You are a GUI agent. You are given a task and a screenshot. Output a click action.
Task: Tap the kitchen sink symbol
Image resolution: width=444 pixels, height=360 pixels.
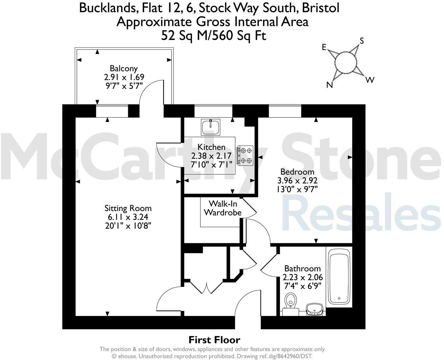pyautogui.click(x=210, y=127)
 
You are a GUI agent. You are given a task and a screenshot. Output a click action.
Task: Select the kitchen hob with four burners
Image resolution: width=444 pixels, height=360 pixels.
pyautogui.click(x=245, y=156)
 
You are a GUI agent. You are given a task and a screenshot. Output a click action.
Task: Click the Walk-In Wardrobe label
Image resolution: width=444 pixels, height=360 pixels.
pyautogui.click(x=222, y=208)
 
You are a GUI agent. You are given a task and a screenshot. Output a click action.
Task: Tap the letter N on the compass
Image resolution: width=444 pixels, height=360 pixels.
pyautogui.click(x=330, y=85)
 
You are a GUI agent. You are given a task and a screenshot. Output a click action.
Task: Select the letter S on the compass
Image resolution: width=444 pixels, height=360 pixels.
pyautogui.click(x=361, y=41)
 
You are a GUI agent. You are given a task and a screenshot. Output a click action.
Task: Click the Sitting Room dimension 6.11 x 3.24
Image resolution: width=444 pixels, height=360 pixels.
pyautogui.click(x=128, y=217)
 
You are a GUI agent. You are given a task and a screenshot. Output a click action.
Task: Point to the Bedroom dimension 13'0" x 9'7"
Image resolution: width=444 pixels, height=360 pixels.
pyautogui.click(x=297, y=189)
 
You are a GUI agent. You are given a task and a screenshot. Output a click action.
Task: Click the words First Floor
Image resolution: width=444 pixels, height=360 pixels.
pyautogui.click(x=214, y=340)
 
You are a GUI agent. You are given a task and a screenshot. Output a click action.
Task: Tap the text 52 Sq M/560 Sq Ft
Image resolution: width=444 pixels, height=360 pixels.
pyautogui.click(x=214, y=35)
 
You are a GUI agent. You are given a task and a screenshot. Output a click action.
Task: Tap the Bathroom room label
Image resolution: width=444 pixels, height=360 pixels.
pyautogui.click(x=302, y=269)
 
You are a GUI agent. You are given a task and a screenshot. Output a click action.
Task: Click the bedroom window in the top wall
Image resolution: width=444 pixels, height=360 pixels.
pyautogui.click(x=285, y=111)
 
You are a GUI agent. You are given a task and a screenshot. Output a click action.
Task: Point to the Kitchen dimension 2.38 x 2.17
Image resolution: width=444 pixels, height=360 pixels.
pyautogui.click(x=212, y=156)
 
